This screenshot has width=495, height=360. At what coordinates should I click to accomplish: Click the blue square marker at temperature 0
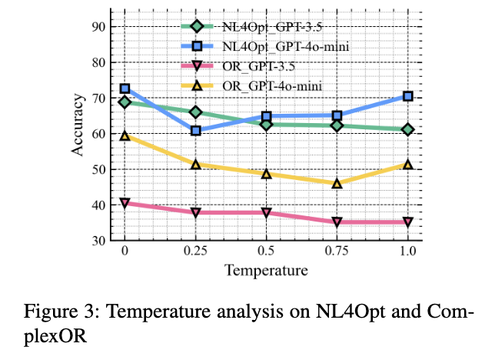[x=125, y=89]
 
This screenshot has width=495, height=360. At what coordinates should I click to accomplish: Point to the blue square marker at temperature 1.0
[x=407, y=96]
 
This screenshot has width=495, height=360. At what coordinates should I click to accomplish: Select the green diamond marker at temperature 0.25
[x=195, y=112]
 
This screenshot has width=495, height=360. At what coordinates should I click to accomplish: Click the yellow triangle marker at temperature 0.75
[x=337, y=183]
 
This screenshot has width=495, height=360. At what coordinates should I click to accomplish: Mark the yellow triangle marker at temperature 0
[x=125, y=135]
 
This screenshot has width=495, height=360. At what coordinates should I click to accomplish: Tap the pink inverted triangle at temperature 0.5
[x=266, y=212]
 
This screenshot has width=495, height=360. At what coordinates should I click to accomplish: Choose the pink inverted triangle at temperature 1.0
[x=407, y=222]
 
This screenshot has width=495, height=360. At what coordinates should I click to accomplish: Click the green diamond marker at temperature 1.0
[x=407, y=129]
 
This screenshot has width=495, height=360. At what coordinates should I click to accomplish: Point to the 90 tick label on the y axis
[x=98, y=27]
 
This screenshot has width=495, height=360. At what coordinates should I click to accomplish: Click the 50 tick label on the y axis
[x=98, y=169]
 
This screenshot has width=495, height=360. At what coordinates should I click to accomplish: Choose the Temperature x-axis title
[x=266, y=270]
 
